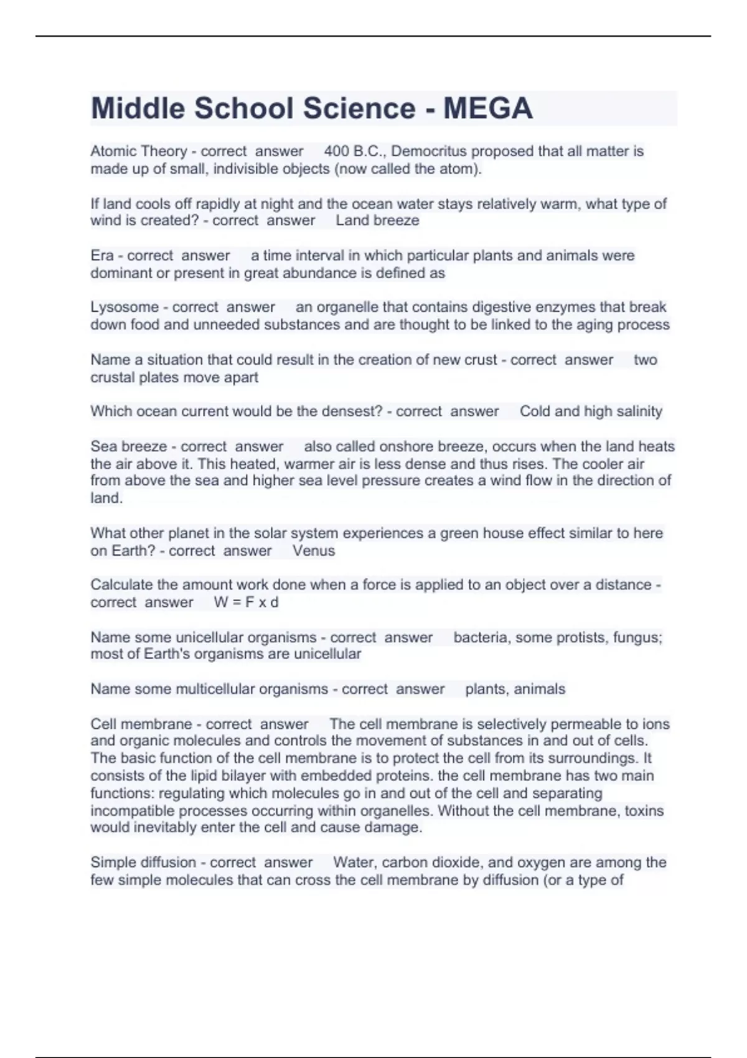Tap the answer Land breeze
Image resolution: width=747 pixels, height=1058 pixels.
point(377,220)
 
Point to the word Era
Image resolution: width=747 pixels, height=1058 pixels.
point(102,256)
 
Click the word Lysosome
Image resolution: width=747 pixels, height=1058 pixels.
point(125,307)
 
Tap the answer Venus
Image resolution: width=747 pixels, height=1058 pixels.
point(314,551)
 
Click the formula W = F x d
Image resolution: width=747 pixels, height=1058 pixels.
point(246,602)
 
